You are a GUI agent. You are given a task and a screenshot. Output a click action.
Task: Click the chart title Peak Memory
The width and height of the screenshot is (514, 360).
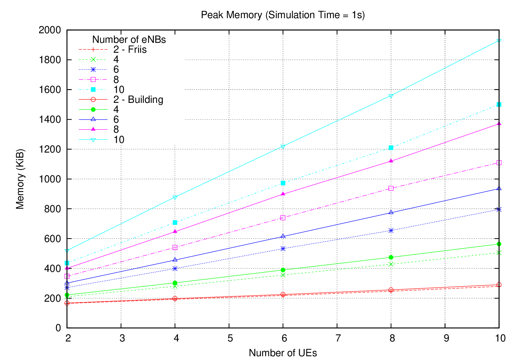283,15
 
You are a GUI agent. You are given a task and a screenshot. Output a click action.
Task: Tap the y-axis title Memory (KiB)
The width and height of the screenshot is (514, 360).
20,179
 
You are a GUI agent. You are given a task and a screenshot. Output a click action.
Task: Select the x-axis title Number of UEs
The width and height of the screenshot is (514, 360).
283,353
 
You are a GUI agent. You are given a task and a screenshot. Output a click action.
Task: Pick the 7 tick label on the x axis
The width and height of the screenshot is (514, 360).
338,338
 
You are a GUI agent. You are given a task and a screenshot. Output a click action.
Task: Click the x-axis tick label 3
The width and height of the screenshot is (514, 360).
122,338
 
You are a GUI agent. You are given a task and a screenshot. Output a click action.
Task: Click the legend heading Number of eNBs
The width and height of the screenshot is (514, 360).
129,40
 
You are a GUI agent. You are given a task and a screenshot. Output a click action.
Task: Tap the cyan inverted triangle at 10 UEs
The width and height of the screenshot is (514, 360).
499,41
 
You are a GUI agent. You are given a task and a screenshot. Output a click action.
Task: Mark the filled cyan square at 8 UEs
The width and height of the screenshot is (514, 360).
391,148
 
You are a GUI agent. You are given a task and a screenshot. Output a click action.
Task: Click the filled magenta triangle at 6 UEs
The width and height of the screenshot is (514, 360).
283,194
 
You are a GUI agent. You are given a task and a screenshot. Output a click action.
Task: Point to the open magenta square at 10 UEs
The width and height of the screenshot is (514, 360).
499,163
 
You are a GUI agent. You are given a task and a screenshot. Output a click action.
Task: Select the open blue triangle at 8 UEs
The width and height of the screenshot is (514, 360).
391,213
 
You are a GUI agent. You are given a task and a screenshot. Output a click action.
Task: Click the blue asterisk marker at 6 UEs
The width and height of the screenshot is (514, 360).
283,249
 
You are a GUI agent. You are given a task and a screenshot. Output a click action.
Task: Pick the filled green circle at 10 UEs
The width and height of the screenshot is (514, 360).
499,244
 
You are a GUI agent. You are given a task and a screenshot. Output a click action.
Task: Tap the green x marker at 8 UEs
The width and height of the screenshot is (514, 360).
391,264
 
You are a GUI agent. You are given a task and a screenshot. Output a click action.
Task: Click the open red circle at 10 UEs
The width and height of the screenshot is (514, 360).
499,285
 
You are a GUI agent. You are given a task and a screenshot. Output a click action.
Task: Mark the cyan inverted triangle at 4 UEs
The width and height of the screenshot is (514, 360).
175,197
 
